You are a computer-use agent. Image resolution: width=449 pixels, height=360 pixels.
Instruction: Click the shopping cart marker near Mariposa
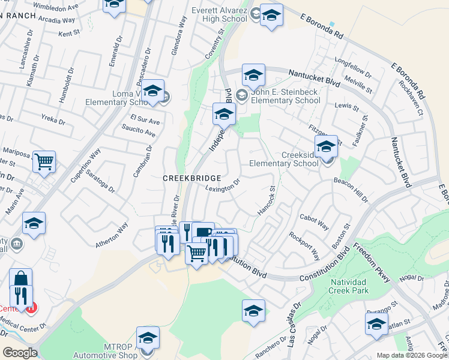tap(44, 161)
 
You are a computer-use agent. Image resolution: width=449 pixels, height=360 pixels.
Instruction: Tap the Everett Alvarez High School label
tap(219, 14)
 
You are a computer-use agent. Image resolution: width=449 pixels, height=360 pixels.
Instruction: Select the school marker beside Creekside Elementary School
tap(326, 146)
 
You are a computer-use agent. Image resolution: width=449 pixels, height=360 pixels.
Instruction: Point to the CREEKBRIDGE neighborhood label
tap(192, 178)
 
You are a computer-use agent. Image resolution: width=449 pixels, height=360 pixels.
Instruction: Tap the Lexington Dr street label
tap(223, 185)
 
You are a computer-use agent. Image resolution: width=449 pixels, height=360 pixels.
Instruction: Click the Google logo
tap(20, 352)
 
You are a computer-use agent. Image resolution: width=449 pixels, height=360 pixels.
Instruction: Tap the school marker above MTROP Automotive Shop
tap(148, 337)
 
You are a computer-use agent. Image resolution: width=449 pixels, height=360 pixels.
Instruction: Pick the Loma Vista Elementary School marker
tap(153, 90)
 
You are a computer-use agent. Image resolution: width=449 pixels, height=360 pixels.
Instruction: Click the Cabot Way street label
tap(314, 223)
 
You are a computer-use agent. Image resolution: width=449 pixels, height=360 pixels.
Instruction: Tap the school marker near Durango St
tap(376, 325)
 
